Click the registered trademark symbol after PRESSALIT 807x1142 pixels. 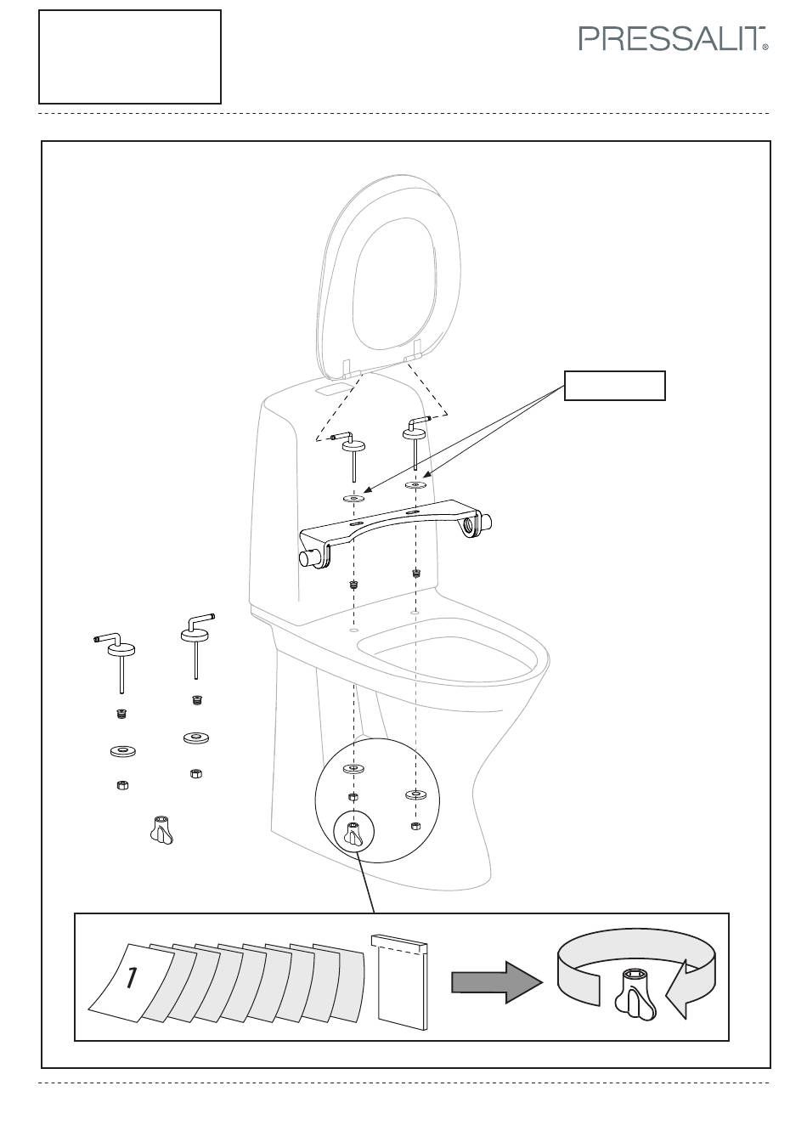pyautogui.click(x=765, y=47)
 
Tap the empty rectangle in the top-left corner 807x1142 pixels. pyautogui.click(x=130, y=57)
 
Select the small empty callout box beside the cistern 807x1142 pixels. pyautogui.click(x=614, y=386)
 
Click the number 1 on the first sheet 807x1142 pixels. pyautogui.click(x=132, y=977)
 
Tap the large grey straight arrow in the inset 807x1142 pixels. pyautogui.click(x=497, y=982)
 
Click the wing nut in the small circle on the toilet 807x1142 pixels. pyautogui.click(x=353, y=834)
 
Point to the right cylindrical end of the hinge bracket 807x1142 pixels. pyautogui.click(x=485, y=522)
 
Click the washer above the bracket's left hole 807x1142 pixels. pyautogui.click(x=353, y=496)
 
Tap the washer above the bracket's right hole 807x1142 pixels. pyautogui.click(x=415, y=483)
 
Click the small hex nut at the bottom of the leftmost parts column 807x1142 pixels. pyautogui.click(x=121, y=784)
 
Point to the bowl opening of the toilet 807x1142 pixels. pyautogui.click(x=448, y=658)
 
